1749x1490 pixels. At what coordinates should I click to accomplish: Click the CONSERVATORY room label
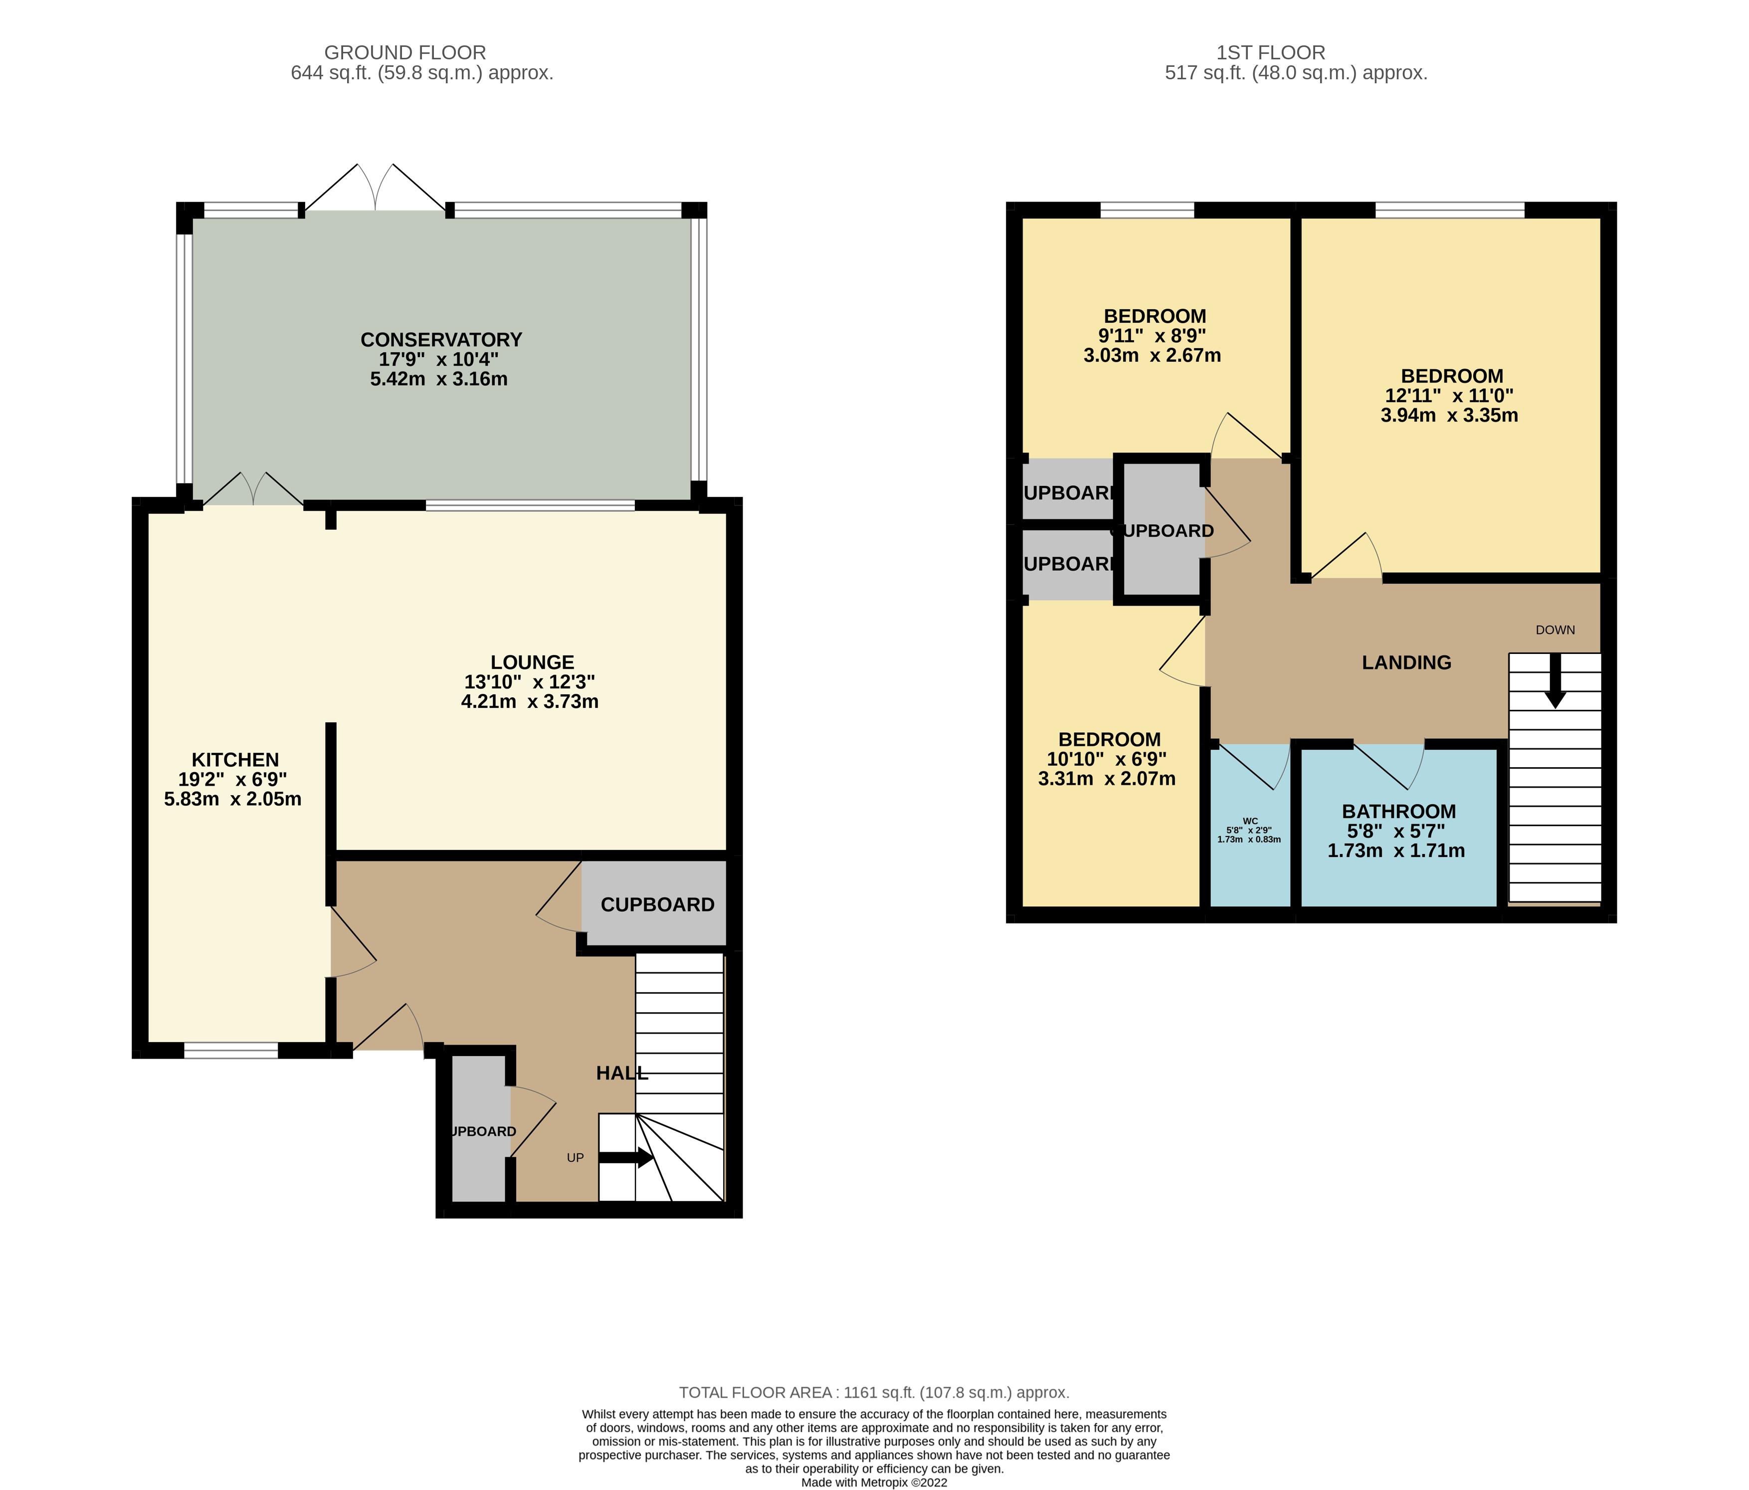441,339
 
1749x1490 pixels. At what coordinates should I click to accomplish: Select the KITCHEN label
235,760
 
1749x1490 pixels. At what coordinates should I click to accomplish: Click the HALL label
622,1073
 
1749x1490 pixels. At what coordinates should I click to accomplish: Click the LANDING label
1406,662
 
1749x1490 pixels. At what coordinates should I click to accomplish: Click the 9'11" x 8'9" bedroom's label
1154,317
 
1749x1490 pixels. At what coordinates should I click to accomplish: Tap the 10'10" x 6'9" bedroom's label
1109,739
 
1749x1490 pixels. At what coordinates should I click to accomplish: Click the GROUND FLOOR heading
405,52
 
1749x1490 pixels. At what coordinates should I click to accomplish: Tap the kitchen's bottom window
230,1050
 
